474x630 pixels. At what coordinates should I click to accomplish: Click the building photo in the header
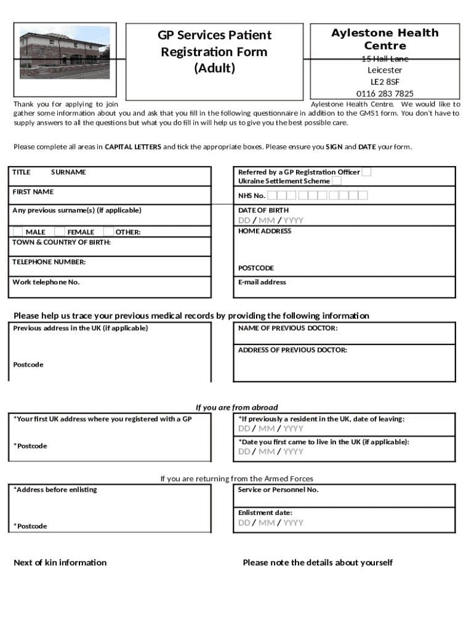click(65, 52)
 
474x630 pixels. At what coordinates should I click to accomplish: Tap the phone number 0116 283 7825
click(385, 94)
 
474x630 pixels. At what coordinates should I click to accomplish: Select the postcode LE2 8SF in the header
click(385, 82)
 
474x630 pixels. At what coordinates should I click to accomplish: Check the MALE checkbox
click(18, 232)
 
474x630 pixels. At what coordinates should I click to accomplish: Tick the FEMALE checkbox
click(60, 232)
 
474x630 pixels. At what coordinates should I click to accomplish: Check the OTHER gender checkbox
click(108, 232)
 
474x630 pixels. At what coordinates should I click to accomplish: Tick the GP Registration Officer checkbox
click(366, 172)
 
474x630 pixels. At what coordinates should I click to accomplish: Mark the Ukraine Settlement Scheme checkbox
click(337, 181)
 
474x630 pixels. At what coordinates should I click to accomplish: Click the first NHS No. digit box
click(273, 196)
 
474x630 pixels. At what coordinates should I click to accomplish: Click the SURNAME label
click(68, 172)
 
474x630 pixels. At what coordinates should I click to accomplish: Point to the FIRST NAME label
click(33, 192)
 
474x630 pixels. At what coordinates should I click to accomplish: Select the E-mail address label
click(262, 282)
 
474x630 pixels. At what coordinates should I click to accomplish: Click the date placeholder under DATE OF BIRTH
click(271, 221)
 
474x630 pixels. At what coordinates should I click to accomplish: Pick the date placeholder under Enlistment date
click(271, 523)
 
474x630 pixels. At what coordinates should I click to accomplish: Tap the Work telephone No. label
click(46, 282)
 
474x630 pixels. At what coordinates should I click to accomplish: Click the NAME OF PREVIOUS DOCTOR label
click(287, 329)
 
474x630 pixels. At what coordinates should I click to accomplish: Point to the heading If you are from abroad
click(237, 407)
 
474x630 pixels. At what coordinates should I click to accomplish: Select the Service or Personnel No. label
click(278, 490)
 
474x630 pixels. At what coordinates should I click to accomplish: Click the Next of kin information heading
click(60, 562)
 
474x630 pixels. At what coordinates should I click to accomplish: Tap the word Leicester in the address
click(385, 70)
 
